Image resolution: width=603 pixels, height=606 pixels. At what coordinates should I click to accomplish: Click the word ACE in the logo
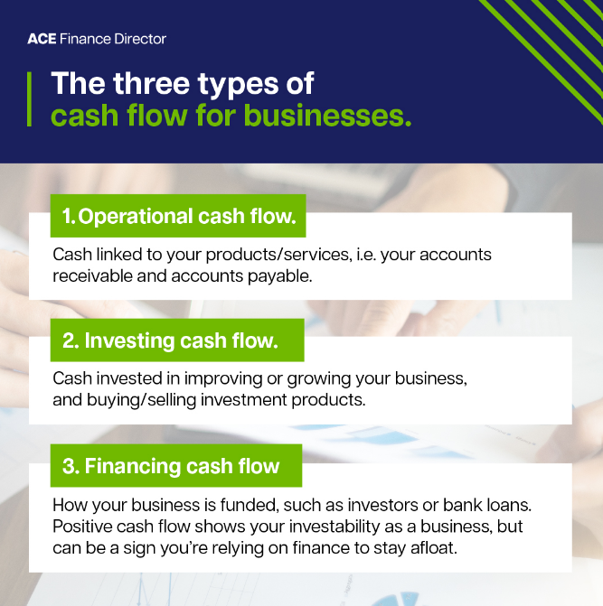[42, 39]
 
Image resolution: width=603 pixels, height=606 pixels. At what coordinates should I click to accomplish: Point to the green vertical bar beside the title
[33, 99]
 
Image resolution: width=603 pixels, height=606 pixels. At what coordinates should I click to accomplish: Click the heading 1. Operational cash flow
[178, 217]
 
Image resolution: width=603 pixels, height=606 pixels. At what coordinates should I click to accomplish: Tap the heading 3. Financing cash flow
[171, 467]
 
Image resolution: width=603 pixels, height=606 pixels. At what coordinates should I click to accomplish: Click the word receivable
[90, 275]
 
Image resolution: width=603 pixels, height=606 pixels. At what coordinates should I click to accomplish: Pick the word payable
[282, 275]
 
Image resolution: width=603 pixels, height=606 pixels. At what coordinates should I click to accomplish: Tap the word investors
[373, 504]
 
